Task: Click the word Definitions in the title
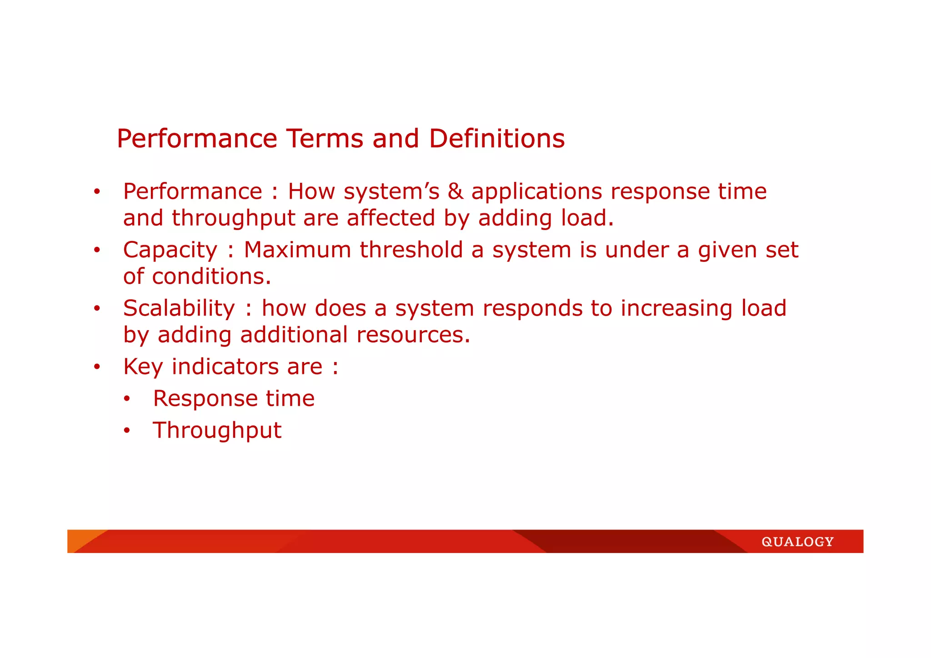click(496, 139)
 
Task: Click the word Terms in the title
click(325, 139)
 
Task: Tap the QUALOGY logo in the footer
click(797, 542)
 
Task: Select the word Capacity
click(170, 250)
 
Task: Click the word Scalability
click(179, 308)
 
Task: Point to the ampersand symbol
click(455, 191)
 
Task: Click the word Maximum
click(297, 250)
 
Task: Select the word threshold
click(411, 250)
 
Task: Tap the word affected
click(391, 218)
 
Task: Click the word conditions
click(211, 276)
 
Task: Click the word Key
click(143, 367)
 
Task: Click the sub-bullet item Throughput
click(217, 430)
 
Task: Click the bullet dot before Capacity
click(96, 250)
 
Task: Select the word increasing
click(676, 308)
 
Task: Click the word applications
click(536, 191)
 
